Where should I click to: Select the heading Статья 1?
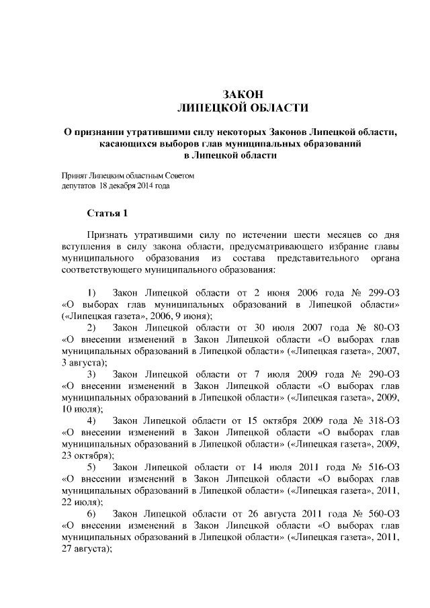[107, 214]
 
